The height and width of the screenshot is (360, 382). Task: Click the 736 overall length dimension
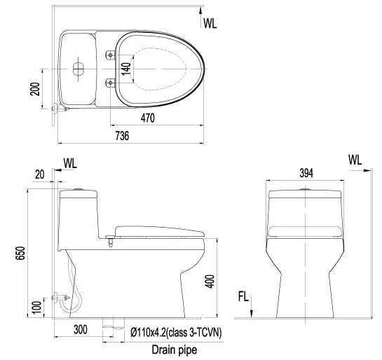(x=122, y=136)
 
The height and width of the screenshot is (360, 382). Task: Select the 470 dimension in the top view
(x=148, y=118)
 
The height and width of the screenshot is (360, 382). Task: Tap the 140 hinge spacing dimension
(x=126, y=69)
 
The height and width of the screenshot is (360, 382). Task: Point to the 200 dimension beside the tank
(x=34, y=89)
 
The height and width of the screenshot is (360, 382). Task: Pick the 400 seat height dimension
(x=210, y=282)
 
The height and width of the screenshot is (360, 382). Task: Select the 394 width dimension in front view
(x=306, y=173)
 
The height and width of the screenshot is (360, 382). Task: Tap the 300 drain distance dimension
(x=81, y=330)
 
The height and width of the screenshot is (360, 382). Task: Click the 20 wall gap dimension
(x=40, y=174)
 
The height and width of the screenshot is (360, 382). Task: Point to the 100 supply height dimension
(x=36, y=307)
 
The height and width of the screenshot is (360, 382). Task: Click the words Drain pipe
(x=175, y=349)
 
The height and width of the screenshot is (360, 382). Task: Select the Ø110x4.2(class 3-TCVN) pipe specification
(x=176, y=332)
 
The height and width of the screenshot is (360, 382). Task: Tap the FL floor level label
(x=243, y=297)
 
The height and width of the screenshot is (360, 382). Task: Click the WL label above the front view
(x=355, y=160)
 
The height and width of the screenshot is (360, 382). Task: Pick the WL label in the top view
(x=210, y=23)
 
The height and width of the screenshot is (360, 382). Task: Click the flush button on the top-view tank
(x=79, y=69)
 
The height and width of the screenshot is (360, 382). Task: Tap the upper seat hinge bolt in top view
(x=110, y=55)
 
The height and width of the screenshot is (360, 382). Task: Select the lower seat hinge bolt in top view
(x=110, y=83)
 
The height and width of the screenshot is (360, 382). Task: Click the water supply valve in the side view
(x=61, y=298)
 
